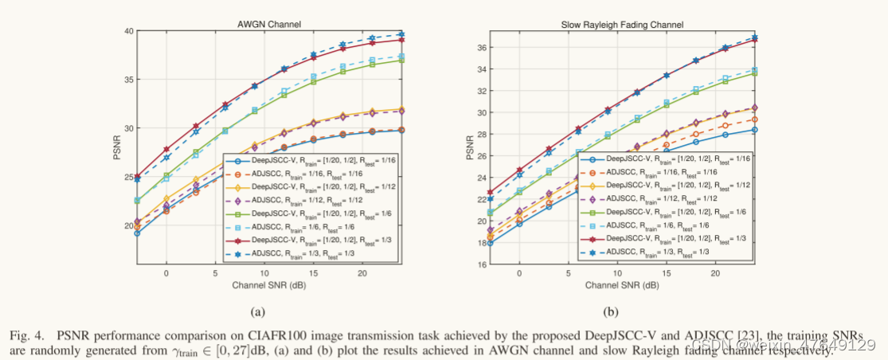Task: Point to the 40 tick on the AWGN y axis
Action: point(127,31)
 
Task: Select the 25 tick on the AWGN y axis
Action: point(127,177)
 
